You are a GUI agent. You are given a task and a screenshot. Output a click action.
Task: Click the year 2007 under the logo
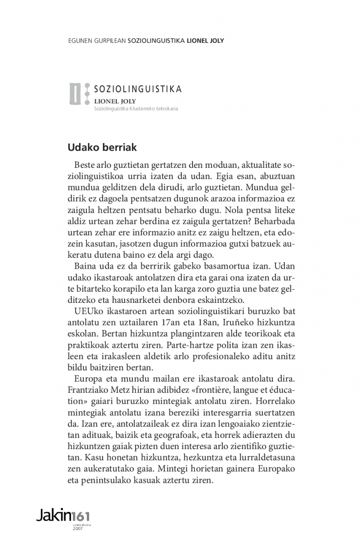pos(77,528)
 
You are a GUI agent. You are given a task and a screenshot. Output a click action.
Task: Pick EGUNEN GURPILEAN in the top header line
pos(96,40)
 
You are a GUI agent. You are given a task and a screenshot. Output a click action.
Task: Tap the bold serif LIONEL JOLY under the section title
pos(115,101)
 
